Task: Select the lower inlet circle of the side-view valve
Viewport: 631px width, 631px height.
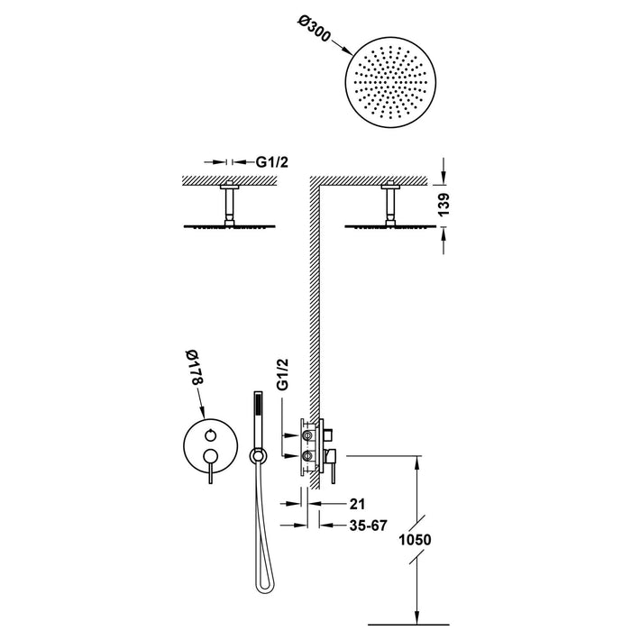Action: pos(308,457)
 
